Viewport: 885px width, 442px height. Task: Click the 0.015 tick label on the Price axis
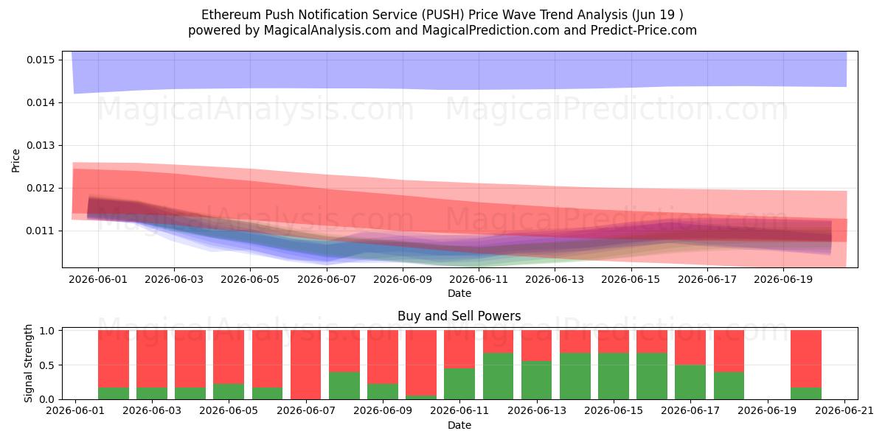(41, 60)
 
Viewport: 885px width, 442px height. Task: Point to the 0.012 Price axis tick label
(41, 189)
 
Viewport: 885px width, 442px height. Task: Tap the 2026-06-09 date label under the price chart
(403, 279)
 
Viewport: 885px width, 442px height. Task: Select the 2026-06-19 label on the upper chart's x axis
(783, 279)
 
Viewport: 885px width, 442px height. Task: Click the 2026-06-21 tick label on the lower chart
(844, 411)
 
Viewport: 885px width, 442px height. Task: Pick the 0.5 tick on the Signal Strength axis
(46, 365)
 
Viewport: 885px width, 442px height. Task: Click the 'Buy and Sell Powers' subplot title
(459, 316)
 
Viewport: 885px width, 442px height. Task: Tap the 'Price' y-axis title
(15, 161)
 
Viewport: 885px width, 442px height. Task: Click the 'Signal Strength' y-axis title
(28, 363)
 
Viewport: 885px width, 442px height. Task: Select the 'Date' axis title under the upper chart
(459, 294)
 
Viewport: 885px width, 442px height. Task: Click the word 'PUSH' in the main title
(442, 15)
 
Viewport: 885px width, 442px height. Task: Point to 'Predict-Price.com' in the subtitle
(644, 30)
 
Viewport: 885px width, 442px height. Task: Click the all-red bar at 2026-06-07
(306, 365)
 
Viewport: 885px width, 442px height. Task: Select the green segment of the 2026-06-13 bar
(537, 380)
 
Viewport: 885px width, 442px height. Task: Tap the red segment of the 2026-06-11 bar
(459, 349)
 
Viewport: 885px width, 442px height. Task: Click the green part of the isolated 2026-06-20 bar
(806, 393)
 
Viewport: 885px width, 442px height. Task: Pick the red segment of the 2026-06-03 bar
(152, 359)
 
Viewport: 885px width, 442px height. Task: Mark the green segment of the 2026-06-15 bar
(613, 376)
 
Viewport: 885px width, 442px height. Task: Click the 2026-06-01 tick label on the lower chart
(75, 411)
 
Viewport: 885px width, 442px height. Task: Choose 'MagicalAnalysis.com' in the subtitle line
(327, 30)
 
